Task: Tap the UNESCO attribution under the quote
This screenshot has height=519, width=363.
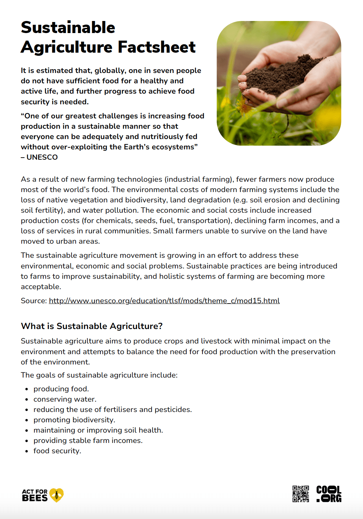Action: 42,157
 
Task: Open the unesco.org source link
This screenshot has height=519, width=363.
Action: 164,301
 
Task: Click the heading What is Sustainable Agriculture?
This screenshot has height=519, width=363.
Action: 91,326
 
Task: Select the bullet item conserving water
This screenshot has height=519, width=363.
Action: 65,399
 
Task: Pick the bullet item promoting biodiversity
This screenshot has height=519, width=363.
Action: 74,420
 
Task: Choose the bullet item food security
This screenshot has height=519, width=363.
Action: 57,451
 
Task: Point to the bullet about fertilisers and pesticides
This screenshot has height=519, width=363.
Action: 112,410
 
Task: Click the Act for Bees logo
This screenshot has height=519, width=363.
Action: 42,495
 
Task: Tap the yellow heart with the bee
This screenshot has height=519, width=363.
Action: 56,495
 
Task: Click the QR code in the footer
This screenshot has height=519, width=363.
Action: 300,494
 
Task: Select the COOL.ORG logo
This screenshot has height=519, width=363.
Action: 329,494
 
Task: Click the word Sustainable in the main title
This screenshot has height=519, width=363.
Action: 68,28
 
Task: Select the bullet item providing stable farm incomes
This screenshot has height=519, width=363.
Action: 88,441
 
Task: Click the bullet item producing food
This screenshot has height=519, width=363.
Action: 61,389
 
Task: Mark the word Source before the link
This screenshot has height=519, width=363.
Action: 33,301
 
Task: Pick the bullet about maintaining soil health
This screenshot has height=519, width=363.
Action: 98,430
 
